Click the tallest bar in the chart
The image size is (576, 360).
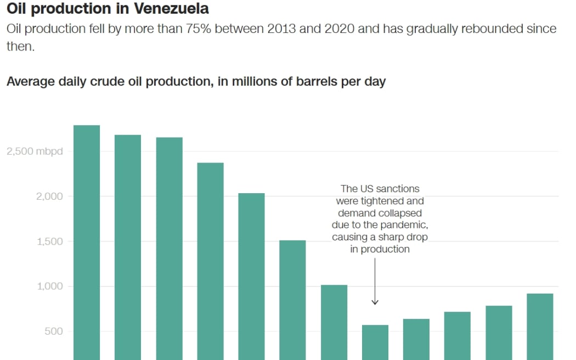tap(87, 241)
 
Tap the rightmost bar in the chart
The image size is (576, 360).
tap(540, 326)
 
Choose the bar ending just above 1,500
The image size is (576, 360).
tap(292, 299)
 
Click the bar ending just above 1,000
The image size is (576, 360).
tap(334, 322)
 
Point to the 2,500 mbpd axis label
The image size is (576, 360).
tap(35, 151)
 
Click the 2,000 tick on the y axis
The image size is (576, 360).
tap(50, 196)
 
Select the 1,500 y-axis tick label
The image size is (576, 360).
tap(50, 241)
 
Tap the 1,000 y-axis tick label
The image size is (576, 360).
tap(50, 286)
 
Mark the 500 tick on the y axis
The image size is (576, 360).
tap(54, 331)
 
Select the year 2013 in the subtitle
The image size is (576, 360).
tap(283, 29)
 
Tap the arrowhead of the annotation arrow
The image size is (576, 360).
tap(375, 302)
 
